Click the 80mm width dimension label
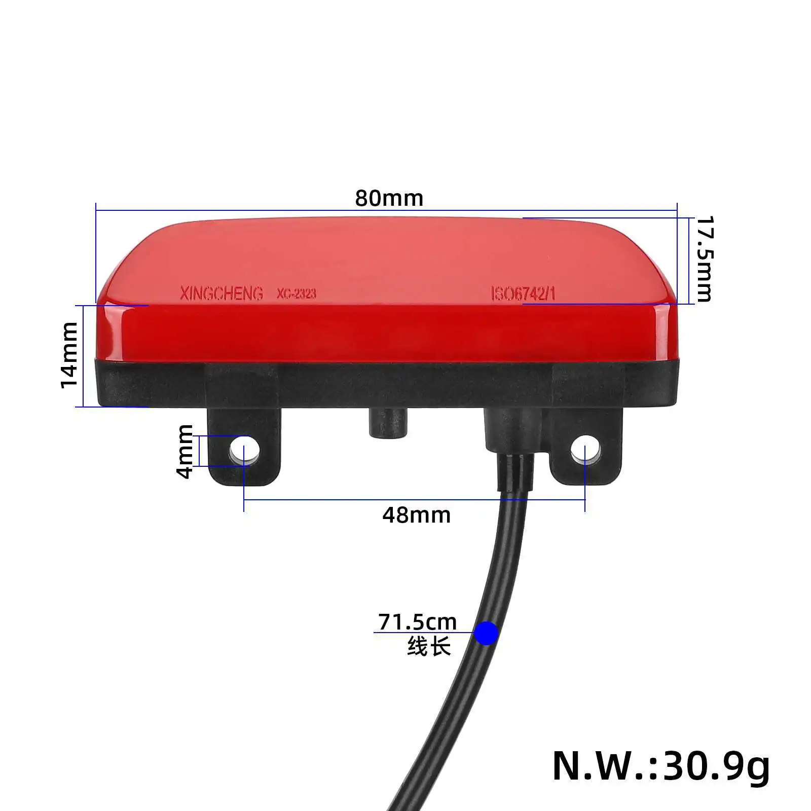coord(389,198)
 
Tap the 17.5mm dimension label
coord(704,259)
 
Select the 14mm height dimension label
coord(69,355)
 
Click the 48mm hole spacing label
coord(416,515)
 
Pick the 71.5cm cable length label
coord(417,622)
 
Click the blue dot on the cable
coord(487,633)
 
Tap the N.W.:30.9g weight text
coord(660,766)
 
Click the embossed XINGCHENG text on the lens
coord(222,293)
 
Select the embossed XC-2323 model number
coord(296,293)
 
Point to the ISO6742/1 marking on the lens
coord(523,293)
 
